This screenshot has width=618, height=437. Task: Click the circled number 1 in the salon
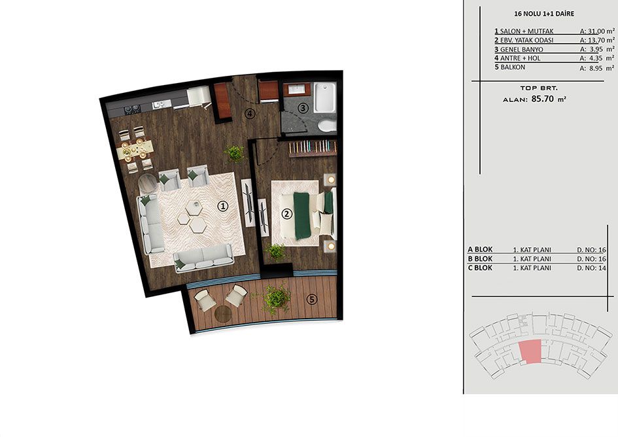click(x=223, y=206)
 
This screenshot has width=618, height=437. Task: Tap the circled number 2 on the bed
click(x=286, y=214)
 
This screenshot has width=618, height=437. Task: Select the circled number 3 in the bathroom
click(x=302, y=108)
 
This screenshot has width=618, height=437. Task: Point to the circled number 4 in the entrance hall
click(x=249, y=114)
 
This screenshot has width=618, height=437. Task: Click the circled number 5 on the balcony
click(x=312, y=300)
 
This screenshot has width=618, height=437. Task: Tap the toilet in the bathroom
click(x=327, y=126)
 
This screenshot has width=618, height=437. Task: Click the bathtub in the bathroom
click(x=325, y=98)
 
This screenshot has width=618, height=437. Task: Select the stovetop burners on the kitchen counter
click(x=132, y=109)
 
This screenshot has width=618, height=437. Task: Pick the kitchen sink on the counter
click(x=162, y=104)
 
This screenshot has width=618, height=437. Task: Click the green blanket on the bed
click(x=303, y=215)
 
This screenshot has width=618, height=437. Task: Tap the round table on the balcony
click(x=224, y=313)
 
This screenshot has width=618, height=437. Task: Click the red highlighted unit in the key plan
click(x=530, y=352)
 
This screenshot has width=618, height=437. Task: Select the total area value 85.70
click(x=542, y=99)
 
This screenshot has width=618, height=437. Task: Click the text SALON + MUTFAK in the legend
click(x=526, y=31)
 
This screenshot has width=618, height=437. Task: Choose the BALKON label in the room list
click(x=513, y=67)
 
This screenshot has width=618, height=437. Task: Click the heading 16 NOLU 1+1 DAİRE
click(x=544, y=14)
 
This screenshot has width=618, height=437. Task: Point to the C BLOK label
click(x=480, y=268)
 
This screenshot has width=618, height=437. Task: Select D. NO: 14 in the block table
click(x=591, y=268)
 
